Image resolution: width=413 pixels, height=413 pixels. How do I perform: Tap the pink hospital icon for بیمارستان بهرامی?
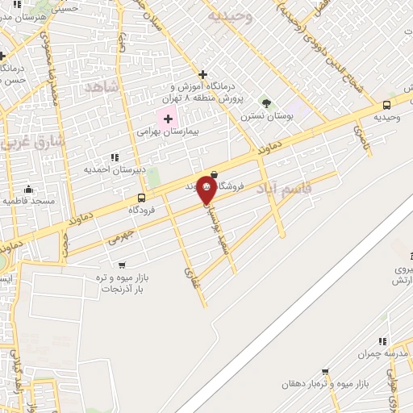(168, 119)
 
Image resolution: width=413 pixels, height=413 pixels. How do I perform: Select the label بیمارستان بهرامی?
(168, 131)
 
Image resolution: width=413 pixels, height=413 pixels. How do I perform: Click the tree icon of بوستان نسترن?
(266, 103)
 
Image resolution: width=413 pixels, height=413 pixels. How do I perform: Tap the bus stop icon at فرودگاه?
(142, 198)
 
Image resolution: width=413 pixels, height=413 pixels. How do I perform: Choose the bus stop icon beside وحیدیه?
(386, 105)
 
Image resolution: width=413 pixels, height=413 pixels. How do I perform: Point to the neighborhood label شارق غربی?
(23, 144)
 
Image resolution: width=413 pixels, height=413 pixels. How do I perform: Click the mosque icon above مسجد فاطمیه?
(28, 188)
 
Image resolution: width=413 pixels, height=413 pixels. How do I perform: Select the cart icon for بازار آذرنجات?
(122, 265)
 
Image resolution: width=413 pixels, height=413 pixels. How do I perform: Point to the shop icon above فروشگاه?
(213, 173)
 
